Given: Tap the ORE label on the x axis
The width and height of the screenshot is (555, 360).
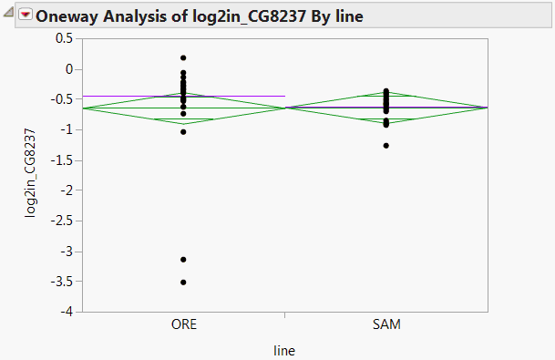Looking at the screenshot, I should [x=183, y=324].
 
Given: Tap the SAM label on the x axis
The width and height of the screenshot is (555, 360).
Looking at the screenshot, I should [x=386, y=324].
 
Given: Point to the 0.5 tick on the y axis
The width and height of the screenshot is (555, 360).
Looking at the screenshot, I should [x=63, y=38].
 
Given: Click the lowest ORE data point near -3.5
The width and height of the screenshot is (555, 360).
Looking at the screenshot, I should [x=183, y=283].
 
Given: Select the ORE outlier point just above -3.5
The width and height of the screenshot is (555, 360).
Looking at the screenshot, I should [x=183, y=260].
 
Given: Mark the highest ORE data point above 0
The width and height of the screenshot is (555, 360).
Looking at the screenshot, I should [x=183, y=57].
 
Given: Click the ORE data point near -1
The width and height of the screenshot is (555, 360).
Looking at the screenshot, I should [x=183, y=132].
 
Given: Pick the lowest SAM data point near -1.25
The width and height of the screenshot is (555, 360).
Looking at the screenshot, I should [x=386, y=145].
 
